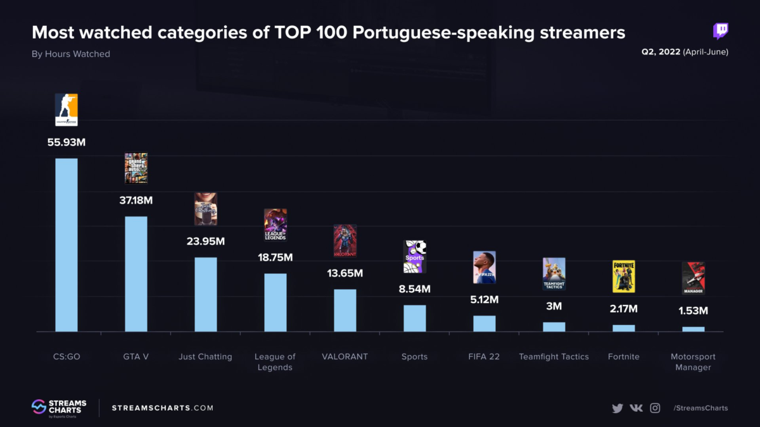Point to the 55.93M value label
pos(66,142)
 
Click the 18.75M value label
pos(275,257)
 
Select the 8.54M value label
pos(415,289)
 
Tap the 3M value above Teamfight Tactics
pos(554,306)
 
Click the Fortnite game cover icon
pos(624,276)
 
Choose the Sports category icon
pos(415,256)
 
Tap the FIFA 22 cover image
pos(484,267)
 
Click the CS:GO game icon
pos(66,109)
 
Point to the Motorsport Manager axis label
pos(693,362)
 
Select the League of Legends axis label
pos(275,362)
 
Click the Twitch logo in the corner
pos(720,31)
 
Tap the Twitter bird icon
pos(617,408)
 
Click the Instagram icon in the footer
pos(655,408)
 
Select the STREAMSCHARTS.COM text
pos(163,408)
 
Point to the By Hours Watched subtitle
pos(71,54)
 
